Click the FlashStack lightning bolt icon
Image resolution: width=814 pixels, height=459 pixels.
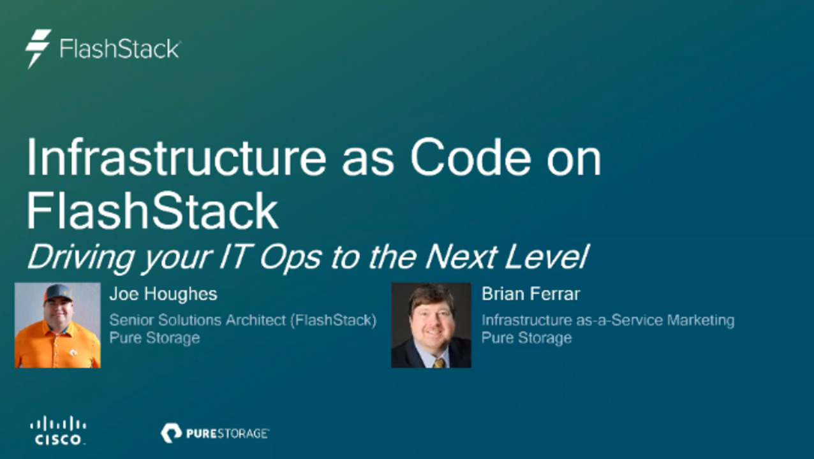tap(38, 48)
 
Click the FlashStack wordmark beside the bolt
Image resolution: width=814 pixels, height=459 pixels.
tap(120, 49)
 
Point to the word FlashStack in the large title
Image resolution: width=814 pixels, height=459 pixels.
tap(152, 211)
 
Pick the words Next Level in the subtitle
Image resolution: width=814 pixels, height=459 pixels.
tap(506, 257)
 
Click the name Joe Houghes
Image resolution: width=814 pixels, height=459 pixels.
tap(163, 294)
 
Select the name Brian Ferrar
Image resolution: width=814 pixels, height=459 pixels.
tap(531, 294)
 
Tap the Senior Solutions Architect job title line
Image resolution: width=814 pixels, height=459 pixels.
tap(242, 320)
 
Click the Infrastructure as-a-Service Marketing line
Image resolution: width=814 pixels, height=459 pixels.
tap(607, 320)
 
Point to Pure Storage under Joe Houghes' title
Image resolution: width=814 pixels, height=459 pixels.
tap(154, 337)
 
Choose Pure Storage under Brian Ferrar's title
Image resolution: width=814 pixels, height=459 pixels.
tap(526, 337)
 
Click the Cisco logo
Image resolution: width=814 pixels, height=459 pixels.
tap(58, 430)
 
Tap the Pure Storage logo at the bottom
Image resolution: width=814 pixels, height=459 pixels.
tap(215, 433)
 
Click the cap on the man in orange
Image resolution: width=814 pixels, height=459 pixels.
tap(58, 293)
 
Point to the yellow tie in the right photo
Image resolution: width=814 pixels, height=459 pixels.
tap(439, 362)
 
